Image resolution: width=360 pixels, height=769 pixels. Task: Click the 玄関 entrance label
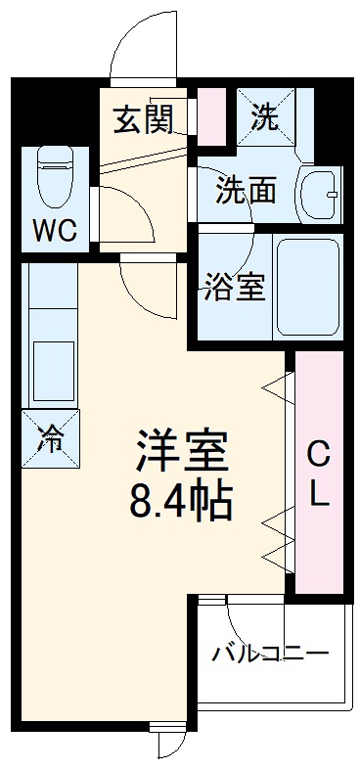143,120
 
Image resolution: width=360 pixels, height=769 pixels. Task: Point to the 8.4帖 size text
182,501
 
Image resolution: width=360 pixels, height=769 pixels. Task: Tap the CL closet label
319,474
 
